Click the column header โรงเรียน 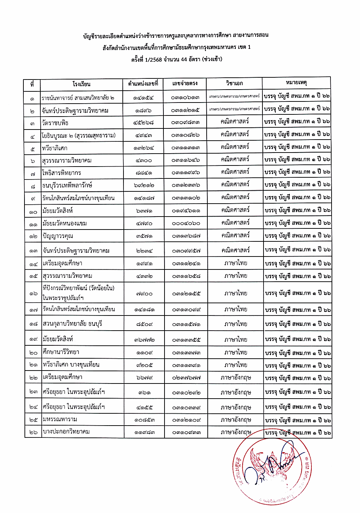coord(81,84)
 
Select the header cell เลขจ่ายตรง coord(185,83)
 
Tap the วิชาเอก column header coord(234,83)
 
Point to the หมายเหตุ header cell coord(296,82)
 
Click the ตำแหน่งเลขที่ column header coord(143,84)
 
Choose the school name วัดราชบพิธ coord(55,123)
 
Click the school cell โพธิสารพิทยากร coord(62,173)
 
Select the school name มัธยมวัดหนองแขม coord(64,223)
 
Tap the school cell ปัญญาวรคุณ coord(58,236)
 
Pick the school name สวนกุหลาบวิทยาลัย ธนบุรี coord(72,324)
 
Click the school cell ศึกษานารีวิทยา coord(61,352)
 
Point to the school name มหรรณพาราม coord(60,419)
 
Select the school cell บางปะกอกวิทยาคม coord(66,432)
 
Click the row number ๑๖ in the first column coord(33,294)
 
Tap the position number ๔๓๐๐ coord(144,160)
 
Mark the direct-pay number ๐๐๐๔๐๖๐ coord(186,223)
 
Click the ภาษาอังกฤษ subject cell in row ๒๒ coord(236,378)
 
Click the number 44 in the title coord(184,59)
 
